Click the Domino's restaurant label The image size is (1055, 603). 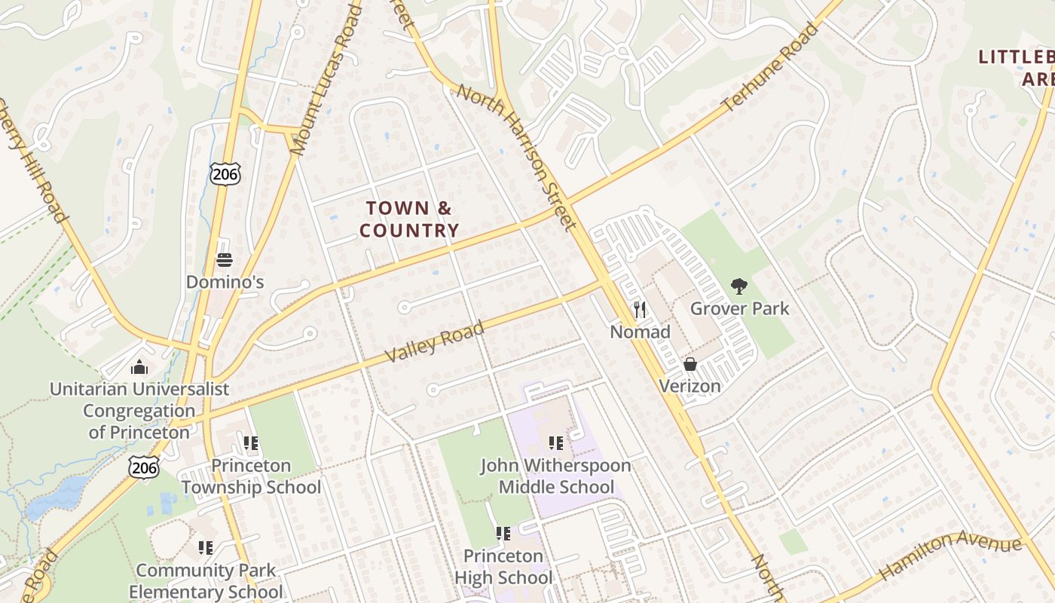[225, 282]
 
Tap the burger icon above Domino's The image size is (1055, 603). [225, 261]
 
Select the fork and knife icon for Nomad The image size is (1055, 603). [640, 310]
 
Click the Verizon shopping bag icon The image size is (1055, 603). [690, 365]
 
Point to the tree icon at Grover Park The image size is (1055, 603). [739, 286]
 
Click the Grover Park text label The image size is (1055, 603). [739, 308]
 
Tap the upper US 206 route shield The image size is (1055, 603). [225, 173]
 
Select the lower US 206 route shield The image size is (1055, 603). [143, 467]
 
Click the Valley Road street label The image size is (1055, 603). [434, 343]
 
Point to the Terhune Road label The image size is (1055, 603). [769, 68]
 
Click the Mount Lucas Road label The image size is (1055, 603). [326, 79]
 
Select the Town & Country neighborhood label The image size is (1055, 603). [409, 219]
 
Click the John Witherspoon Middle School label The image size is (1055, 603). [556, 476]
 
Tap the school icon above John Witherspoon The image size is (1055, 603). [556, 443]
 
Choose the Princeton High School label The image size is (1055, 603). [503, 567]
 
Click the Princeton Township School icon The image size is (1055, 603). [250, 443]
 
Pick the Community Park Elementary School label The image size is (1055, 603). [206, 581]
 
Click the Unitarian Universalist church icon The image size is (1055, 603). [139, 368]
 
